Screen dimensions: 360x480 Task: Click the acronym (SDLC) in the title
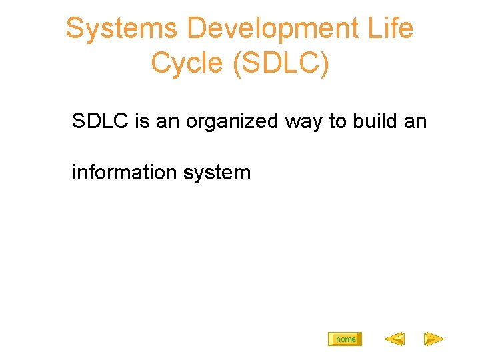279,63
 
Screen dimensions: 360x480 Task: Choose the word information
122,172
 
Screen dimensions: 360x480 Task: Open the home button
345,339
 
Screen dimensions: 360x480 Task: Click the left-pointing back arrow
394,339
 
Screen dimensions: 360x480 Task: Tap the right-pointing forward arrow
434,339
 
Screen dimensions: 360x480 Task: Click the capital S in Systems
73,29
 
